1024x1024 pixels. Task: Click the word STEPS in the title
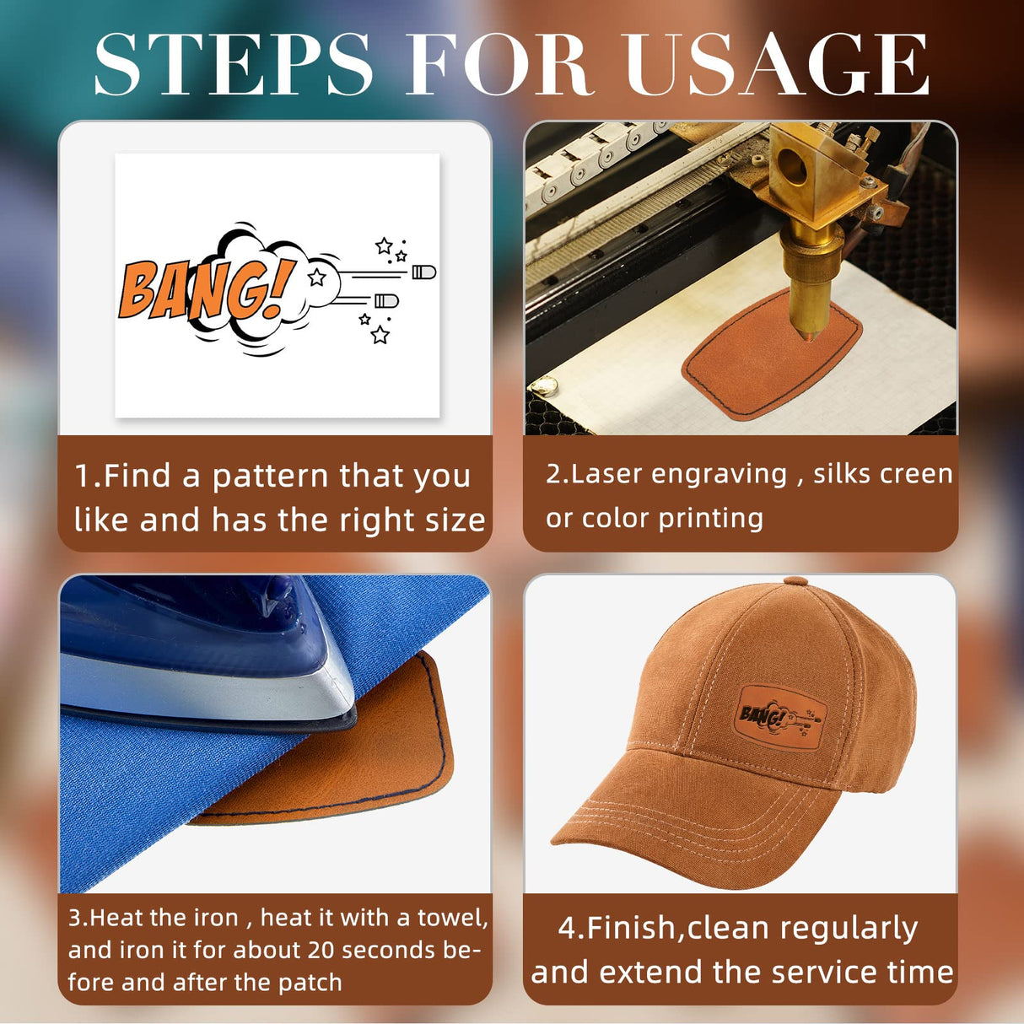click(232, 64)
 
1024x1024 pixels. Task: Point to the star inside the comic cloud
click(317, 277)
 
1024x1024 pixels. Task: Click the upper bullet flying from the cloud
click(424, 272)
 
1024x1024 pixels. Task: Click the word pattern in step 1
click(271, 477)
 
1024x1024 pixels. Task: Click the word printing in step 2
click(711, 519)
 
